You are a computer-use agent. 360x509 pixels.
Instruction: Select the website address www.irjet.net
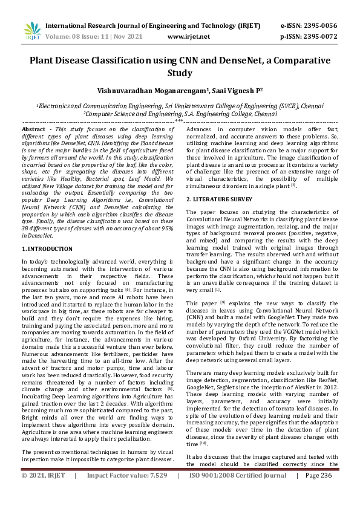(188, 36)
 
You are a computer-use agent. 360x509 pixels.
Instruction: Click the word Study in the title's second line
(179, 74)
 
